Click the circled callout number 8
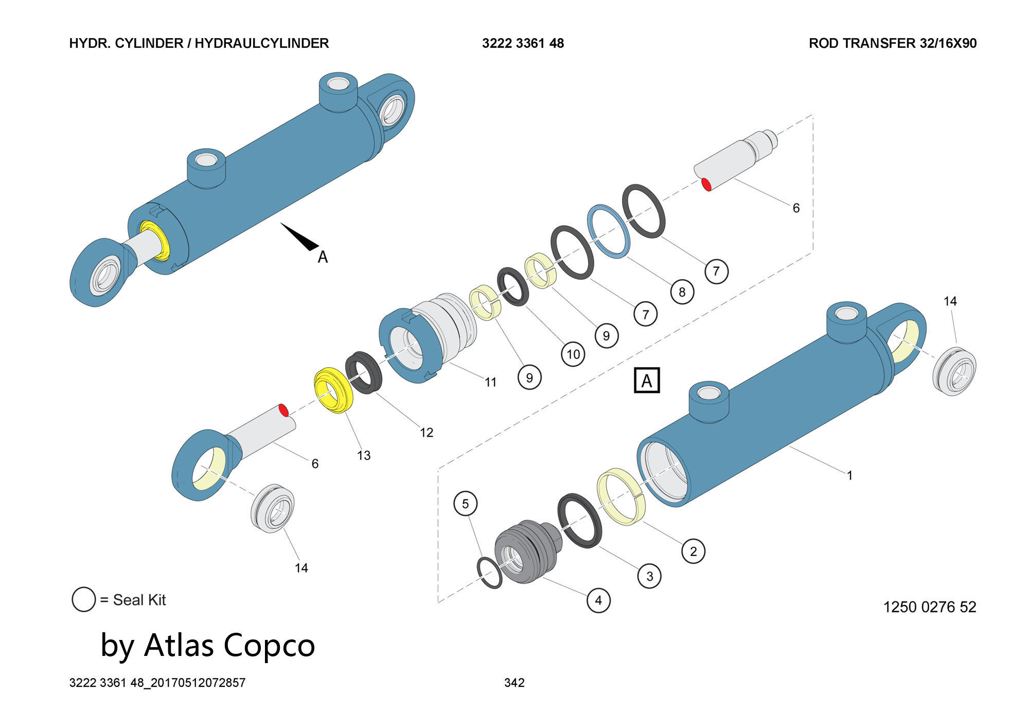682,292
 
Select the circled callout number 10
573,354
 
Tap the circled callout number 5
465,503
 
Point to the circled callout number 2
693,551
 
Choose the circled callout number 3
649,576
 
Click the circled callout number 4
598,600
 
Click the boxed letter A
646,381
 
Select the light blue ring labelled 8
609,232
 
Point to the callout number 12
427,432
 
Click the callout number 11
491,382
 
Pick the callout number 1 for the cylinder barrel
849,475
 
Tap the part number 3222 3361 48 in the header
523,43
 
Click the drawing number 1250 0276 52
929,607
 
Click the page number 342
514,683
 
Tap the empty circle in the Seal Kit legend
84,599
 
